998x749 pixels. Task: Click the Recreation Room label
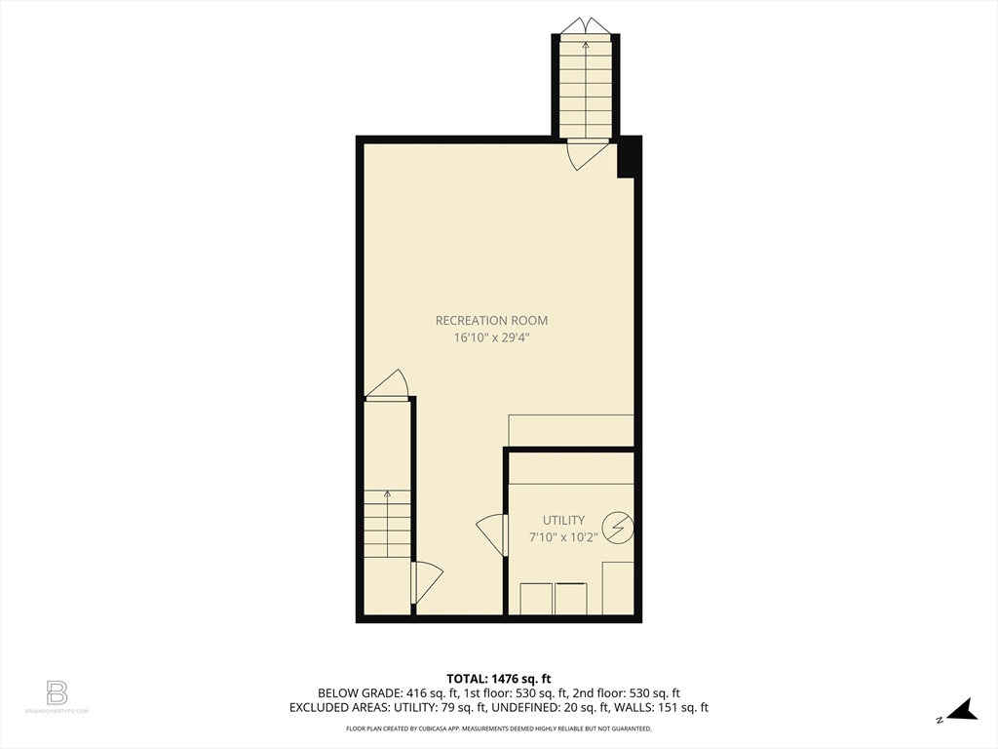491,320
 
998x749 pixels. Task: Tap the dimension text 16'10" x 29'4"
491,337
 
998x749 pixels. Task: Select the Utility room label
563,520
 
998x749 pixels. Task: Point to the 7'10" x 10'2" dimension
563,537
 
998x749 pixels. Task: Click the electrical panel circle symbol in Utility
618,529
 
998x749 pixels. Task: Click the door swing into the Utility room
493,534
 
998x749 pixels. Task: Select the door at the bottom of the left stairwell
426,581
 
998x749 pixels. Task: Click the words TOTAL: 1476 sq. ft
499,679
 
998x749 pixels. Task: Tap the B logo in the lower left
57,692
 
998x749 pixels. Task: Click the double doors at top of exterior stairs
585,25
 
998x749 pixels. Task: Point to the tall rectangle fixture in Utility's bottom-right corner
618,587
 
